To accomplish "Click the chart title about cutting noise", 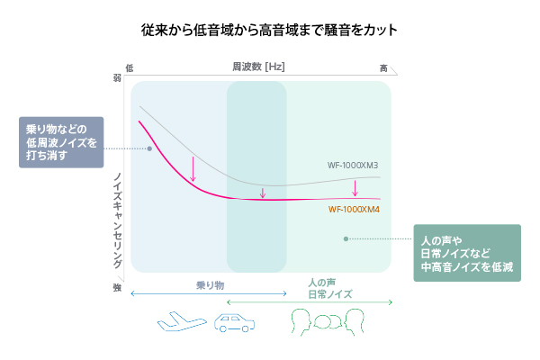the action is (269, 30).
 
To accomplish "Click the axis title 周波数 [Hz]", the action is (258, 67).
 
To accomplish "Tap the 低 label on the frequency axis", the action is (129, 67).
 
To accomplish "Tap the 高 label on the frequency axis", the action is (383, 68).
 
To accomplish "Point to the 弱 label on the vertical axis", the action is (117, 78).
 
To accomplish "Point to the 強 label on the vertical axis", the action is (117, 287).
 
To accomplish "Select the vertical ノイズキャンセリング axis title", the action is (117, 220).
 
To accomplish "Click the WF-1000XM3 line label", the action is (353, 166).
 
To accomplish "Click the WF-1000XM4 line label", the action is (354, 210).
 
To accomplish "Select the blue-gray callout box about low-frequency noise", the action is (61, 142).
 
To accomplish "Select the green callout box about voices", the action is (467, 253).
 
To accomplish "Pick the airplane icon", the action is (182, 322).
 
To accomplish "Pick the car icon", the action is (235, 323).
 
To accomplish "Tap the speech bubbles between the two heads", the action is (328, 322).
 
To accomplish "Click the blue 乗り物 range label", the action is (210, 285).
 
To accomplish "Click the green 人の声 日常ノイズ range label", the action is (330, 289).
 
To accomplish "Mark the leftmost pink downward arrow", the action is (193, 169).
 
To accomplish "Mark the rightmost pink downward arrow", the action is (355, 188).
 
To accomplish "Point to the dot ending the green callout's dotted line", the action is (346, 238).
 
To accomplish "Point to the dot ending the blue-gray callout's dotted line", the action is (149, 148).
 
